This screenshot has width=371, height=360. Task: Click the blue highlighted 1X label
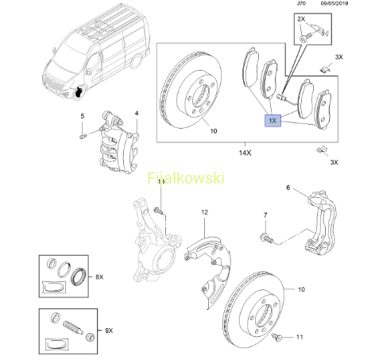point(272,121)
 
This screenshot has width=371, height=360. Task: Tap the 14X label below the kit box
point(245,153)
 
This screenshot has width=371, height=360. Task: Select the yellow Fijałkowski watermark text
point(186,178)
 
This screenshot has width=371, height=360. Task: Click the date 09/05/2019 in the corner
point(334,3)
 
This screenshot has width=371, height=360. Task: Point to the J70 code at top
point(301,3)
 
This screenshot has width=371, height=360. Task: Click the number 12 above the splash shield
point(204,212)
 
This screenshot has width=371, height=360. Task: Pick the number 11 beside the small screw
point(300,337)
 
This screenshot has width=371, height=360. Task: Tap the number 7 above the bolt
point(265,215)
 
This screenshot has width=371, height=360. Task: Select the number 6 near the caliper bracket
point(288,188)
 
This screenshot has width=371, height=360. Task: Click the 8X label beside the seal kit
point(99,277)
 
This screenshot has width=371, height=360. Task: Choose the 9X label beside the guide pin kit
point(109,331)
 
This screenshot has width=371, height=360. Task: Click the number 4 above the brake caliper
point(137,113)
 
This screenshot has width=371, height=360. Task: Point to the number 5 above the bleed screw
point(83,116)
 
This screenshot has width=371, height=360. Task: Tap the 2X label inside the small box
point(301,19)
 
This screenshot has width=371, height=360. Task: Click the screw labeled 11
point(276,337)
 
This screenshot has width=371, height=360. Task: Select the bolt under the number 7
point(267,237)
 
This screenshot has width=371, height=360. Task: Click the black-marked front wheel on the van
point(79,91)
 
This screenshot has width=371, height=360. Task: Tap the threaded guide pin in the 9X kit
point(73,327)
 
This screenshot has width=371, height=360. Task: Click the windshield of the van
point(69,56)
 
